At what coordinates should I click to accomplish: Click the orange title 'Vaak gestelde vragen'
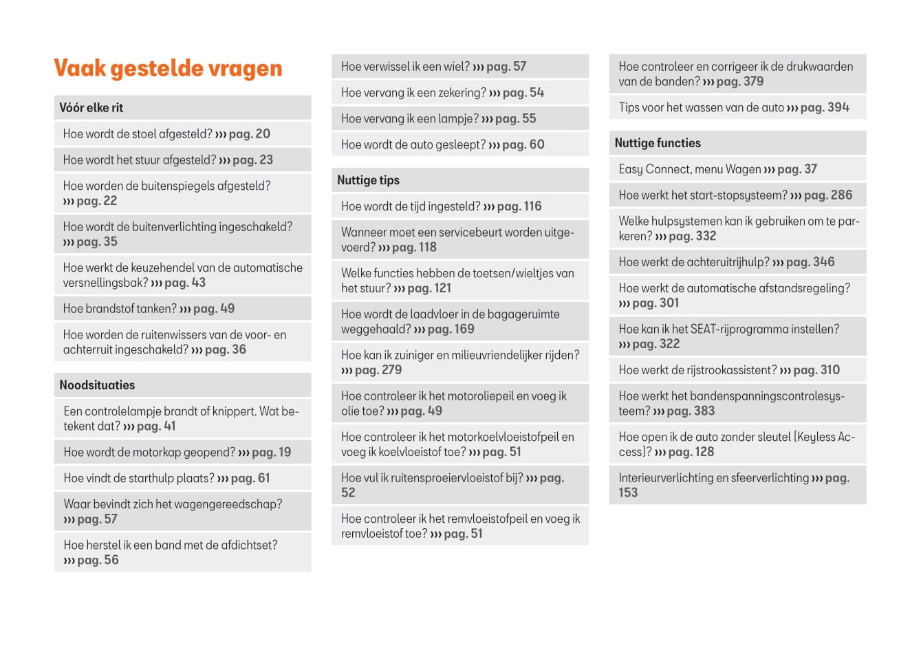pos(168,69)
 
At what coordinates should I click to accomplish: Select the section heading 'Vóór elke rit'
pos(91,108)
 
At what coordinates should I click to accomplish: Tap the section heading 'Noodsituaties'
pos(97,385)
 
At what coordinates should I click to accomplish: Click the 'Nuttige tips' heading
pos(368,180)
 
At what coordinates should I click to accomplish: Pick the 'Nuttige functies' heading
pos(658,143)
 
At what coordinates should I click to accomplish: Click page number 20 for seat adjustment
pos(263,134)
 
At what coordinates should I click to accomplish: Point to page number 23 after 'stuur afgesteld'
pos(266,160)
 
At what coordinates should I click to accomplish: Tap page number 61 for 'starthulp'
pos(264,478)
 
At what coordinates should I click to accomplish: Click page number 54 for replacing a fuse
pos(537,93)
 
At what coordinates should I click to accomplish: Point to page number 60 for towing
pos(537,145)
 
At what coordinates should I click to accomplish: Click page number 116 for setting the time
pos(533,206)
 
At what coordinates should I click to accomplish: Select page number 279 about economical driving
pos(391,370)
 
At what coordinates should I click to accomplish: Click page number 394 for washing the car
pos(838,107)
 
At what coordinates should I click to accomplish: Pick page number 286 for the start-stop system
pos(841,195)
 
